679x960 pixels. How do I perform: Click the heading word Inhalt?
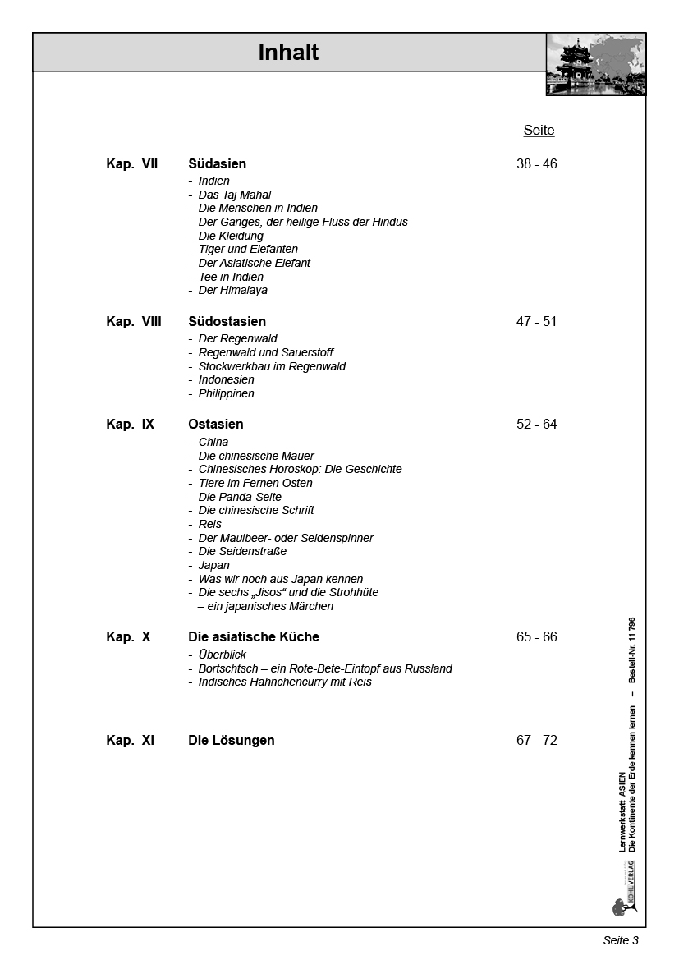click(288, 53)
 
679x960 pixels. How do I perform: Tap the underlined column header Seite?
click(539, 131)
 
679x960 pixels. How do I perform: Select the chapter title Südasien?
click(217, 164)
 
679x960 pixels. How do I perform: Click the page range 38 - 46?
click(536, 164)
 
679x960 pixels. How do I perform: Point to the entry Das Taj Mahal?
click(234, 195)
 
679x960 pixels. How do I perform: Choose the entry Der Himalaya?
click(232, 290)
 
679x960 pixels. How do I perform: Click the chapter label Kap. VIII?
click(134, 322)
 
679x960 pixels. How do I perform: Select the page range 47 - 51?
click(536, 322)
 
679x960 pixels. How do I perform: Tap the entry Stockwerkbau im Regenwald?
click(272, 366)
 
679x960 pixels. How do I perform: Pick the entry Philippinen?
click(226, 393)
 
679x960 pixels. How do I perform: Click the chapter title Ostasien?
click(215, 425)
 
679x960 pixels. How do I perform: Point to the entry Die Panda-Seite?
click(240, 497)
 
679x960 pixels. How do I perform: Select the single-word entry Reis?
click(209, 524)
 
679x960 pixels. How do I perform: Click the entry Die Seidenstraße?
click(242, 551)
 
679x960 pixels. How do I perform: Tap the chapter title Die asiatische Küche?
click(254, 637)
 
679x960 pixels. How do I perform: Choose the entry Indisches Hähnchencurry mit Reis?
click(285, 682)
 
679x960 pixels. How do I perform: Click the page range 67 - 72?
click(536, 741)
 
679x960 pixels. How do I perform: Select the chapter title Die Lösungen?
click(232, 741)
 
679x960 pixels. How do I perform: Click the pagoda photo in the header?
click(595, 65)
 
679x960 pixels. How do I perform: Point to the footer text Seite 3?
click(621, 940)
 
